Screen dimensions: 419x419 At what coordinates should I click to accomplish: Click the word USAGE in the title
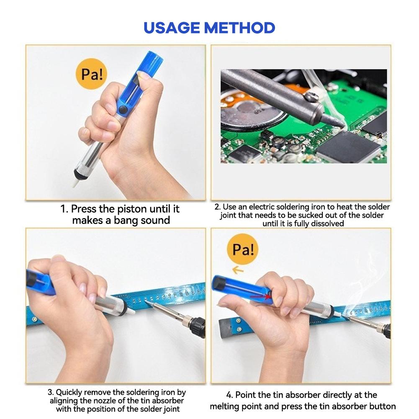[172, 28]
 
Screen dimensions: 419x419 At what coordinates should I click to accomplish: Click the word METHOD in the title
[239, 28]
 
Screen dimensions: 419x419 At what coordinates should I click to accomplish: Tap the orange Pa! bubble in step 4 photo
[243, 250]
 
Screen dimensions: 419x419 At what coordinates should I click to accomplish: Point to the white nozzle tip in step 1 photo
[76, 183]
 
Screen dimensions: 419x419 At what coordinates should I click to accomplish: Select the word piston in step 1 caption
[128, 209]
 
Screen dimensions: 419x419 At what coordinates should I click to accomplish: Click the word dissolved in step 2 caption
[327, 224]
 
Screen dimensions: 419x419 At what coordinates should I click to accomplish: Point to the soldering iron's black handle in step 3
[196, 326]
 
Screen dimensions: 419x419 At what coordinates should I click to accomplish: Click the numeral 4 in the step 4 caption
[229, 395]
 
